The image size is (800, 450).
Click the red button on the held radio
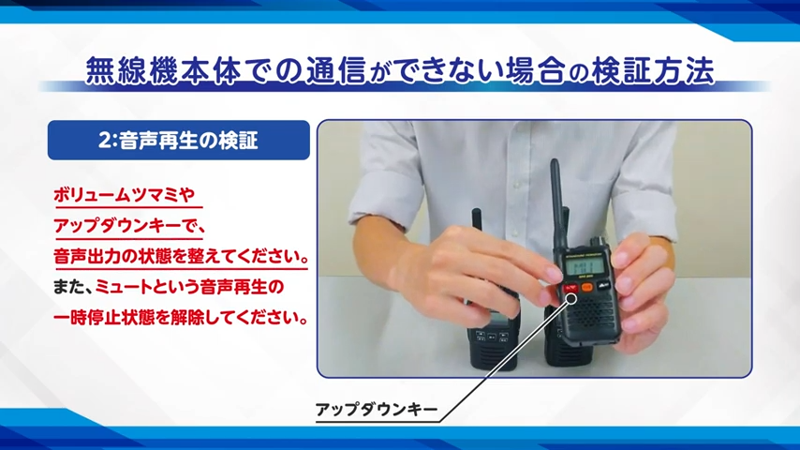[x=570, y=289]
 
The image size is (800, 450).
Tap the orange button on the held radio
[x=586, y=287]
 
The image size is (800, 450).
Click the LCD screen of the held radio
[x=581, y=266]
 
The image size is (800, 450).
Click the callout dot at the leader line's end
[x=572, y=298]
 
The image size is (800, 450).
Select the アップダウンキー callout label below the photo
[x=377, y=410]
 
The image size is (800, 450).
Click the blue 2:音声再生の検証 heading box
[x=179, y=140]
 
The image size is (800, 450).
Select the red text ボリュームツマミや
[x=124, y=195]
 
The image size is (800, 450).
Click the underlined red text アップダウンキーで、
[x=129, y=225]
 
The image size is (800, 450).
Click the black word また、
[x=73, y=287]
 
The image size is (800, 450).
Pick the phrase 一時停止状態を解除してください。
[x=181, y=318]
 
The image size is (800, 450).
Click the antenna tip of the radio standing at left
[x=477, y=211]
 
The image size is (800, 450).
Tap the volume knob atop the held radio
[x=595, y=241]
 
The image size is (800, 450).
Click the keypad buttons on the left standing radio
[x=491, y=336]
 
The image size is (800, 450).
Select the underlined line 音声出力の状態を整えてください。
[x=181, y=256]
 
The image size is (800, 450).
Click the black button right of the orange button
[x=603, y=285]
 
